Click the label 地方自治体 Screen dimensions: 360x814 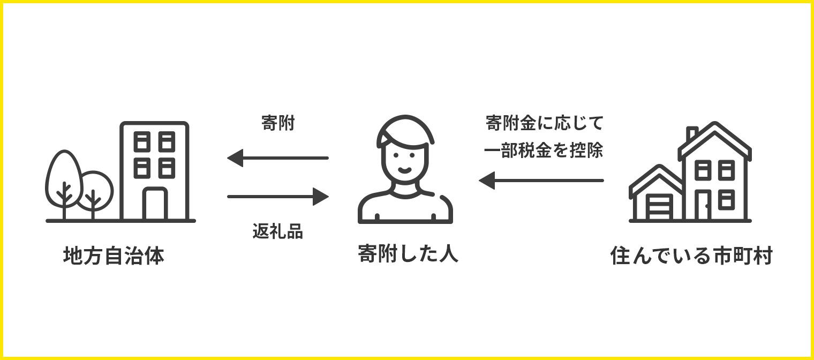114,256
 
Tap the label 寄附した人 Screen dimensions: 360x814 408,253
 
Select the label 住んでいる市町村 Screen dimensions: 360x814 691,256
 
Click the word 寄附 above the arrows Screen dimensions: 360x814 278,123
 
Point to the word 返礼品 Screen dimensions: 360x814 277,231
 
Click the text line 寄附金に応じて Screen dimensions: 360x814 544,123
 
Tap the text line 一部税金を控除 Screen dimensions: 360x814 544,151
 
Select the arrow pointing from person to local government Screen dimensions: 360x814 277,158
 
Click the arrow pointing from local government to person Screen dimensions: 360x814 277,197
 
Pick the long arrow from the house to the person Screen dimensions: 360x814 541,181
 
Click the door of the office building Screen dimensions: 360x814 155,205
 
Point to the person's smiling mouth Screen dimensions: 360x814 405,170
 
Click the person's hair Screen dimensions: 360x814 404,129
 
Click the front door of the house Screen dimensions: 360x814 703,206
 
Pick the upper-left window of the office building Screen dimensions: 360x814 141,141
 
